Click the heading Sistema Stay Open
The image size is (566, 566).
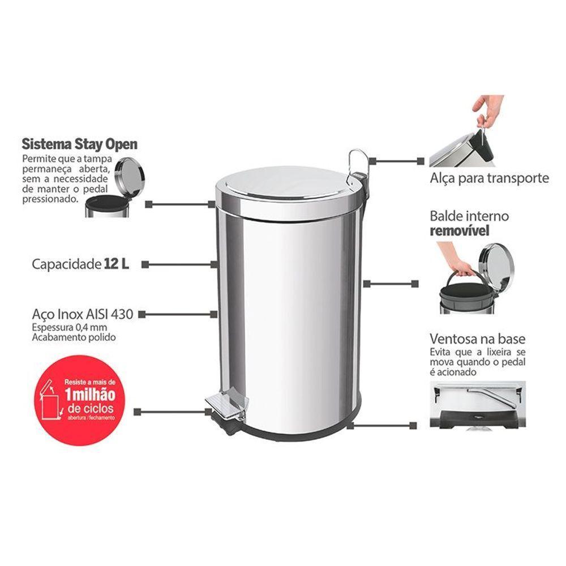pos(79,144)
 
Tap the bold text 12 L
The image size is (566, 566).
pos(116,264)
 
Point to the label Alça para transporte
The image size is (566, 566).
pos(489,178)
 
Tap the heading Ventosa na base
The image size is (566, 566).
pos(477,339)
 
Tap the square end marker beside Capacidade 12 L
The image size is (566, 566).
pos(145,264)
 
